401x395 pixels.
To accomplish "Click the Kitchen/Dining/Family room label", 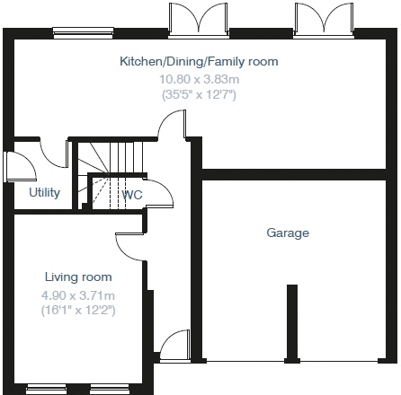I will pos(199,62).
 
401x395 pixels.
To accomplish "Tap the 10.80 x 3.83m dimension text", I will pos(199,79).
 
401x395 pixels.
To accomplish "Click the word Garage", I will pos(288,233).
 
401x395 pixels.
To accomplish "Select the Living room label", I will pos(78,277).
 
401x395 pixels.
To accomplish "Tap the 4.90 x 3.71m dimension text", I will pos(78,294).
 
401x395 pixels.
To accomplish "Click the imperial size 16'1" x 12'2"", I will pos(78,310).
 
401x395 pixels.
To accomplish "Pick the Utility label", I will pos(44,192).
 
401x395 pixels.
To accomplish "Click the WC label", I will pos(132,194).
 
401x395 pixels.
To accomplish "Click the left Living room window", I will pos(50,390).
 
